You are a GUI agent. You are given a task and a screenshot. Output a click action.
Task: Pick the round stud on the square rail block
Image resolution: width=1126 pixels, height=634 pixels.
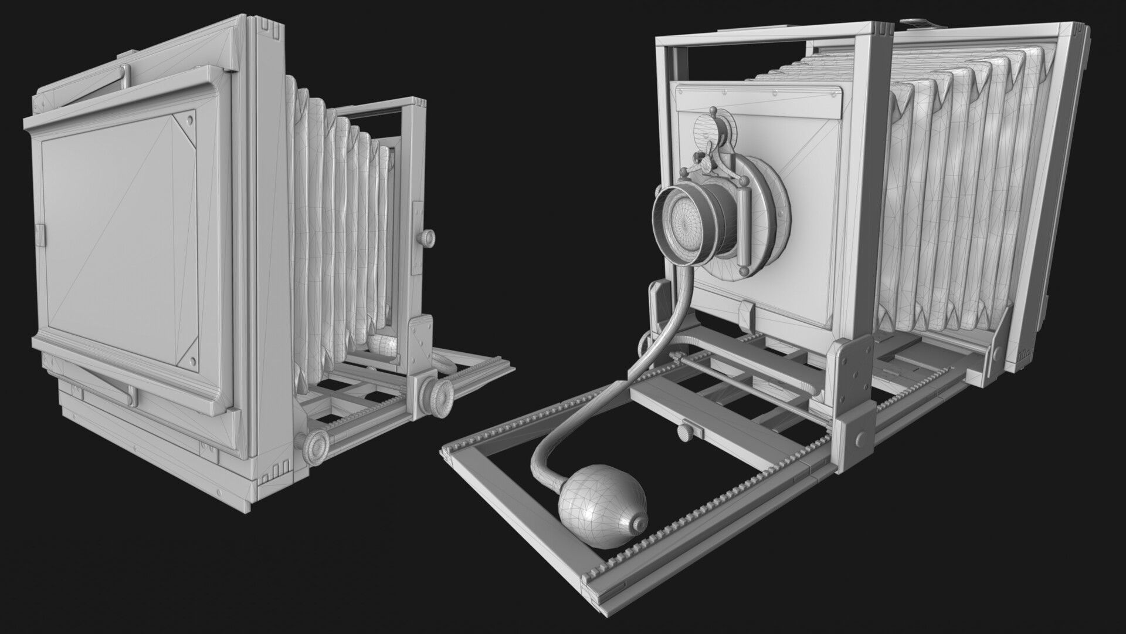coord(860,439)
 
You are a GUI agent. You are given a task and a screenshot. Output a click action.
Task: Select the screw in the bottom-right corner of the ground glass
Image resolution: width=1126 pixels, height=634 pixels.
coord(192,359)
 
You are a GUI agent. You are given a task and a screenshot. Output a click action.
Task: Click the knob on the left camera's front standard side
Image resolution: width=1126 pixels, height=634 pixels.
coord(426,238)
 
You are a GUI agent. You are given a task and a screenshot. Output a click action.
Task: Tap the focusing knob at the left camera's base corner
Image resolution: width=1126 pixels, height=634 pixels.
coord(317,441)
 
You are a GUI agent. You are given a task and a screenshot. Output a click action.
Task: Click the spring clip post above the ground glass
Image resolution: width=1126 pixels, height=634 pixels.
coord(124,75)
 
